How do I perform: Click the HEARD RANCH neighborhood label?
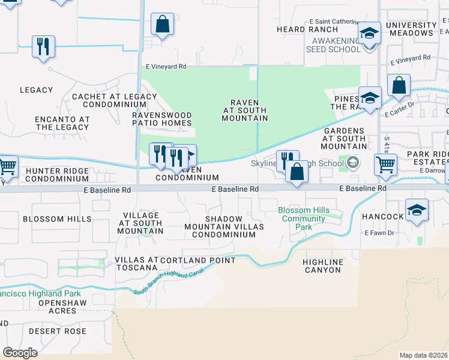click(300, 29)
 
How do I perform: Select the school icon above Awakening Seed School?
click(369, 33)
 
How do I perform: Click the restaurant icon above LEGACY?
click(43, 47)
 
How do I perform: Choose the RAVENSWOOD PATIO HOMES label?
click(162, 119)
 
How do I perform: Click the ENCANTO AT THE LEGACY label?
click(62, 123)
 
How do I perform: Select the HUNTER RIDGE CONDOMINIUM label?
click(58, 175)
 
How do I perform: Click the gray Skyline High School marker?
click(353, 162)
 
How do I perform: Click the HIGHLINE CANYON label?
click(322, 266)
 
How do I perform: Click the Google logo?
click(20, 353)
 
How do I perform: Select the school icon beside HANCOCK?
click(417, 211)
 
